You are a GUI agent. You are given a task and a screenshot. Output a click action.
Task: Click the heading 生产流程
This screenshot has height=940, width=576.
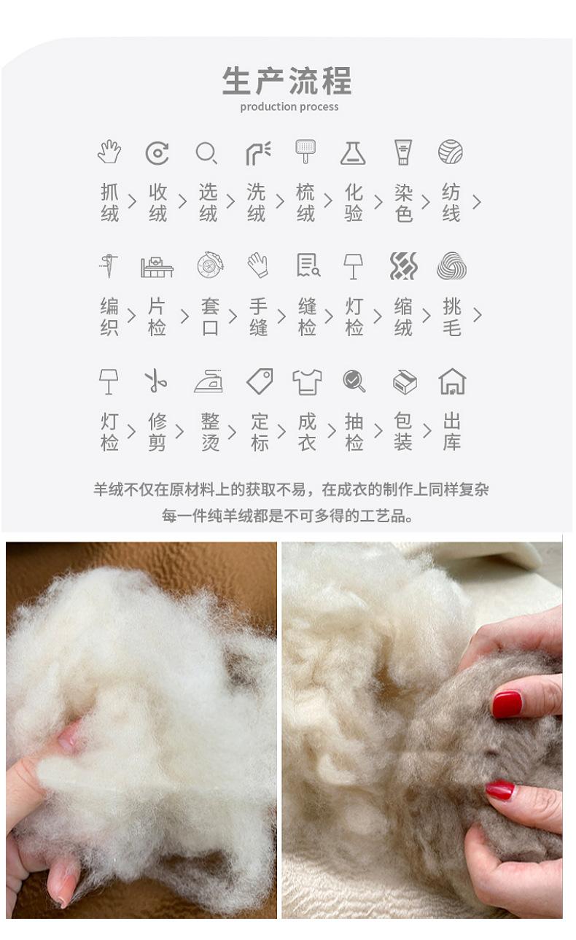(x=287, y=80)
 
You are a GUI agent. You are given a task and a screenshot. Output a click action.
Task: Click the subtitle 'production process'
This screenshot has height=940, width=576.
(x=289, y=107)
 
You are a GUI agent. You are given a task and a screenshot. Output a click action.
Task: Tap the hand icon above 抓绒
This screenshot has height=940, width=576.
(x=109, y=152)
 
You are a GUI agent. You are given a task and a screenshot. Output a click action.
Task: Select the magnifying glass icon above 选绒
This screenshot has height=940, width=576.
(x=206, y=152)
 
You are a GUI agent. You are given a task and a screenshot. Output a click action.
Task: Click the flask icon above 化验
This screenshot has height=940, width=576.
(x=353, y=152)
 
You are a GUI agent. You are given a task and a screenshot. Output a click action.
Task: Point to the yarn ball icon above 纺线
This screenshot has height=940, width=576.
(x=450, y=152)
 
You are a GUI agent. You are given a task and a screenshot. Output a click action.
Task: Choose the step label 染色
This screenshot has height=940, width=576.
(x=403, y=202)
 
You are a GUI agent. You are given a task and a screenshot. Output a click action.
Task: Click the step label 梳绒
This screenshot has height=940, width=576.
(x=305, y=202)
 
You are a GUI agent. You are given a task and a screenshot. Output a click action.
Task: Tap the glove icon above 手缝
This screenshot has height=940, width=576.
(x=257, y=265)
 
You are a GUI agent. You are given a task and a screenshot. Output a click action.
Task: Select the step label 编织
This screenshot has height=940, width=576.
(x=109, y=316)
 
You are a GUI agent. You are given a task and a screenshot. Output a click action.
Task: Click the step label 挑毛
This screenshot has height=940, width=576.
(x=452, y=316)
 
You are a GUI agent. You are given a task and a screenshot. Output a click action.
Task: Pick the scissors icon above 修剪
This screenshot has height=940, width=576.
(x=155, y=381)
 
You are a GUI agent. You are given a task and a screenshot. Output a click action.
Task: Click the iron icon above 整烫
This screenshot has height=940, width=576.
(x=209, y=381)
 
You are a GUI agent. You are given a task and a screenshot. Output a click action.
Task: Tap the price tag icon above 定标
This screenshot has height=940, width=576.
(x=260, y=381)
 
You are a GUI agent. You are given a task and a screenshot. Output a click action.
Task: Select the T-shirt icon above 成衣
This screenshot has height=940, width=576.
(x=307, y=382)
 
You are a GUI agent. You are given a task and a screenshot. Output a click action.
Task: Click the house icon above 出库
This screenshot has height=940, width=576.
(x=452, y=381)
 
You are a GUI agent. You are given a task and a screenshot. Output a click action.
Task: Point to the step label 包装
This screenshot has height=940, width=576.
(x=402, y=432)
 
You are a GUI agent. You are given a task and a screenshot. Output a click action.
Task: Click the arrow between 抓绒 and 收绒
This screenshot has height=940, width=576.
(x=132, y=201)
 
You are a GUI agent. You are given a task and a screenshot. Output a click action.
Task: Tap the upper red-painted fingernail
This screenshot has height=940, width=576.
(x=507, y=704)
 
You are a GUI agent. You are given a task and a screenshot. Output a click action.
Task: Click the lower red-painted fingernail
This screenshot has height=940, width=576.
(x=500, y=791)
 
